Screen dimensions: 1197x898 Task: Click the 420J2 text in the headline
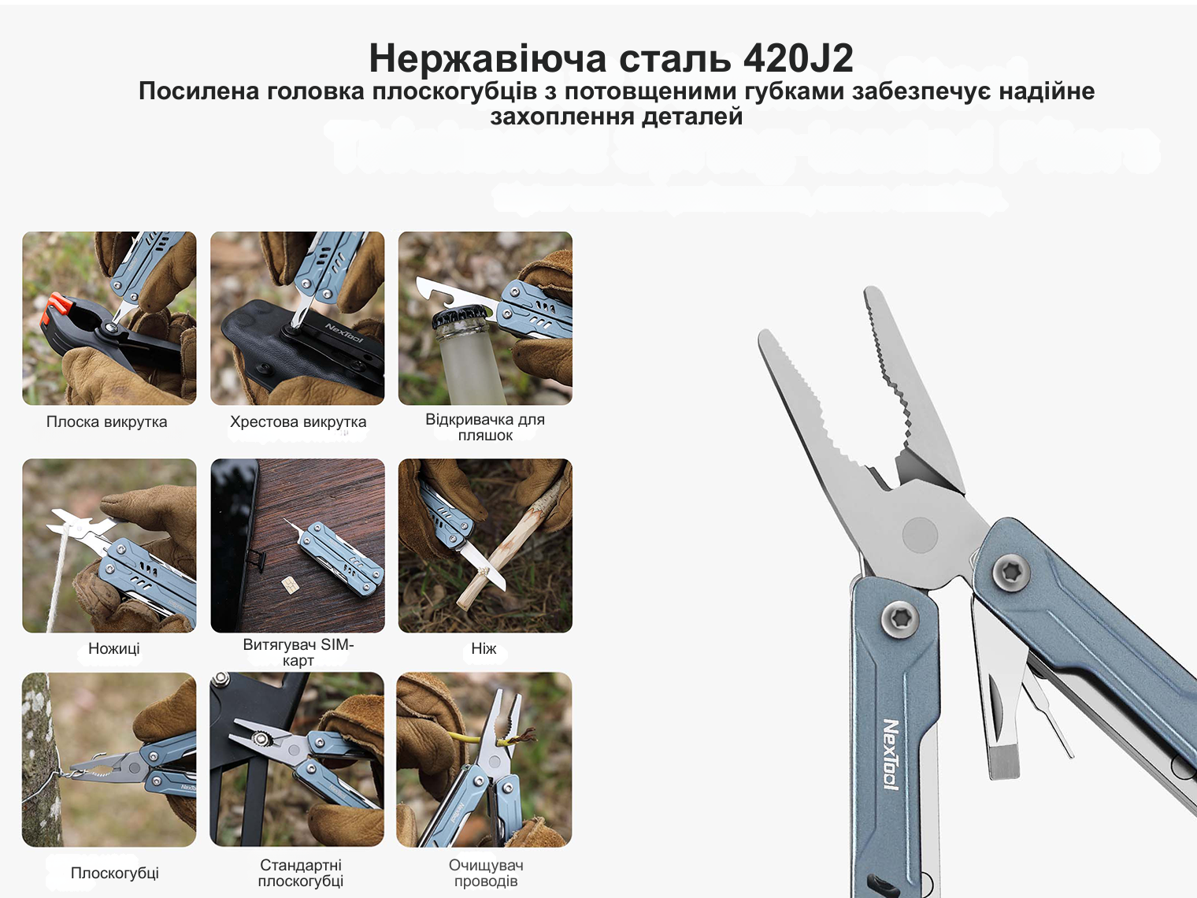(799, 58)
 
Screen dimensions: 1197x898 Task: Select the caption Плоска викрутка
(107, 421)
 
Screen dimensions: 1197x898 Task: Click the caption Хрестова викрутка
(298, 421)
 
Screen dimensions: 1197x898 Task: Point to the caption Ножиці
(114, 648)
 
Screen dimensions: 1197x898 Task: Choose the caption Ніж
(484, 648)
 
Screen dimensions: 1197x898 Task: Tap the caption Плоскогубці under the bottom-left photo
(114, 873)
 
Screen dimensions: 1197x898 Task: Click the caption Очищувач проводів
(485, 873)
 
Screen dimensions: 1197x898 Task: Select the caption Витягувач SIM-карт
(298, 652)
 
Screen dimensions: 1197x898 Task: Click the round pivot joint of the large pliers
(920, 534)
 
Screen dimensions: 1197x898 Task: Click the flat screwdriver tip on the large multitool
(1004, 763)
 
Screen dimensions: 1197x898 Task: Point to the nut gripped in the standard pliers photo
(260, 740)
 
